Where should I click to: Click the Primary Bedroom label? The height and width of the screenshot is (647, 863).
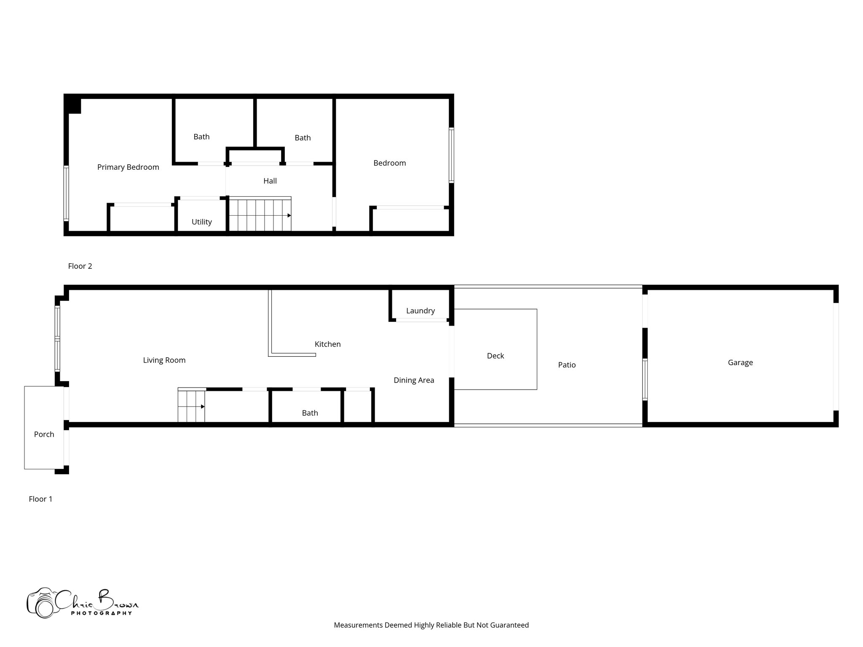tap(128, 167)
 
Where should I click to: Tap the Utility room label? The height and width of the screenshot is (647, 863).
tap(201, 222)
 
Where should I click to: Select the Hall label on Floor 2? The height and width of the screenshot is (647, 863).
tap(270, 181)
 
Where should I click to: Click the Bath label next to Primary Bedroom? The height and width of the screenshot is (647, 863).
tap(201, 137)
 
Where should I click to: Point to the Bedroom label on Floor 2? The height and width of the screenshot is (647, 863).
tap(389, 163)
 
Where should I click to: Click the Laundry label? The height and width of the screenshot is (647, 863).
tap(420, 311)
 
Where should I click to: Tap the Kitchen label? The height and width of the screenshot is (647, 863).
tap(327, 344)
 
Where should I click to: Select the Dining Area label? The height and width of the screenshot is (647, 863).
tap(413, 380)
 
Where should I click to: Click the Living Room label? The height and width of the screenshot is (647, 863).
tap(164, 360)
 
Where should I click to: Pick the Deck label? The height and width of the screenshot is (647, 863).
tap(495, 356)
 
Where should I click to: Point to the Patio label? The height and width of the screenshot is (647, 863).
tap(567, 365)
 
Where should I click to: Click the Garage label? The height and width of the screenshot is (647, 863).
tap(740, 363)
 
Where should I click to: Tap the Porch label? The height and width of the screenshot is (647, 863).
tap(44, 434)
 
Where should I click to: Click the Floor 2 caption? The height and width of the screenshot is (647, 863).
tap(80, 266)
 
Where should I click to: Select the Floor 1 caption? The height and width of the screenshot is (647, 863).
tap(40, 499)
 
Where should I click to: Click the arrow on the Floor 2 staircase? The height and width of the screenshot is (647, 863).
tap(289, 216)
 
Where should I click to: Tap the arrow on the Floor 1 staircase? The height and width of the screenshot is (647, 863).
tap(203, 407)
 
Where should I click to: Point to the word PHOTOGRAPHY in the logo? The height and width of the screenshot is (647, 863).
tap(101, 613)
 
